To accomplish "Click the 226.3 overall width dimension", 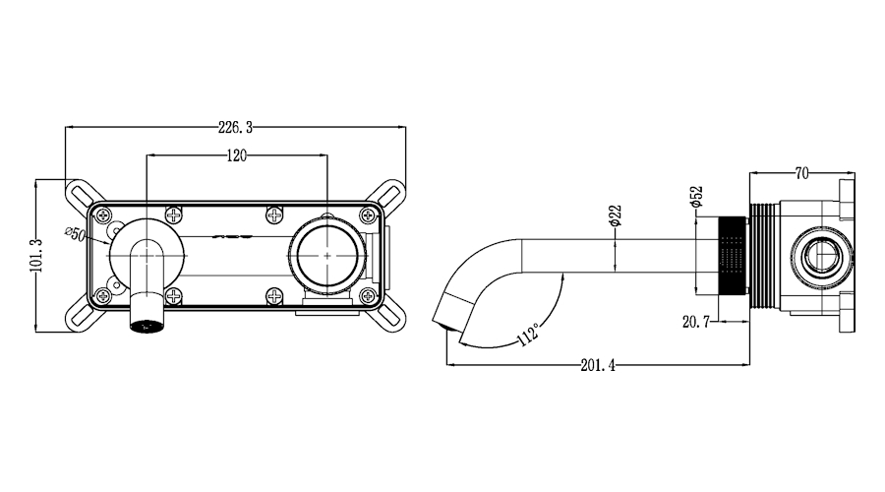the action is [235, 128].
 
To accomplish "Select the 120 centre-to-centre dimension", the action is [236, 155].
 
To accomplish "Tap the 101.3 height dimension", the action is [36, 255].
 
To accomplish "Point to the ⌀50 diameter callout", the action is [75, 232].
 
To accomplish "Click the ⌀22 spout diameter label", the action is [616, 215].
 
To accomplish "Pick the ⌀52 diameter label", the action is [696, 196].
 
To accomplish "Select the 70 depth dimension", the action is [801, 173].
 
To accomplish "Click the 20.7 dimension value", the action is [695, 322].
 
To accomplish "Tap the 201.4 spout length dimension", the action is [598, 365].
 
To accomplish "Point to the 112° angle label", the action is [528, 334].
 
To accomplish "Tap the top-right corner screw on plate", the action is [368, 215].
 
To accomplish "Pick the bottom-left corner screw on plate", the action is [102, 295].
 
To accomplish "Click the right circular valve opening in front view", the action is [327, 255].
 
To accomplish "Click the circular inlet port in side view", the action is [821, 255].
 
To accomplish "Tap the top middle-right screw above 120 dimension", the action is [274, 215].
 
